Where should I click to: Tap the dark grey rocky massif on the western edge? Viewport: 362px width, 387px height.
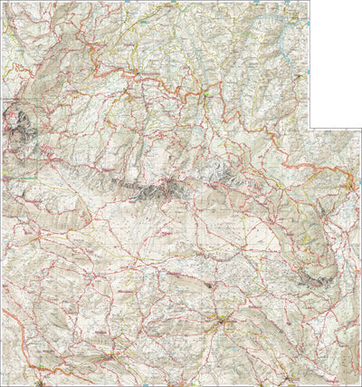(x=20, y=127)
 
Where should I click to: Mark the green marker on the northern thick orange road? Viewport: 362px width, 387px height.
(x=206, y=92)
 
